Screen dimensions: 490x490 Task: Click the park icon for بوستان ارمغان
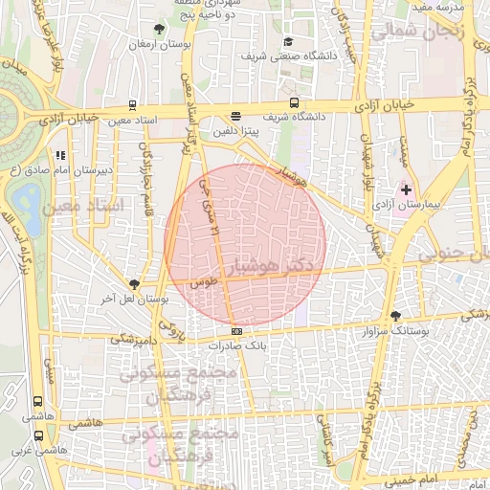[x=158, y=30]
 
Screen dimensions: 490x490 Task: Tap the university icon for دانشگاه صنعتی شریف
[x=288, y=41]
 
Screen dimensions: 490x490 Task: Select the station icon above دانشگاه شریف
[x=294, y=103]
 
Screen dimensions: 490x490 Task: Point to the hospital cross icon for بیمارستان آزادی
[x=406, y=189]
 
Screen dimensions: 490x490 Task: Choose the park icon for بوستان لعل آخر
[x=134, y=284]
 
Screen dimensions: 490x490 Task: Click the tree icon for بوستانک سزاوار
[x=396, y=316]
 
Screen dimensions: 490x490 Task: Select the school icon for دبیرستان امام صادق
[x=61, y=154]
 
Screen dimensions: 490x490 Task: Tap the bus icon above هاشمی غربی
[x=39, y=434]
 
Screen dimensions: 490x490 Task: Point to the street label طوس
[x=203, y=284]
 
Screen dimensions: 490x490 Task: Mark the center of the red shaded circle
[x=246, y=244]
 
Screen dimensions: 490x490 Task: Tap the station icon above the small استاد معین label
[x=132, y=105]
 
